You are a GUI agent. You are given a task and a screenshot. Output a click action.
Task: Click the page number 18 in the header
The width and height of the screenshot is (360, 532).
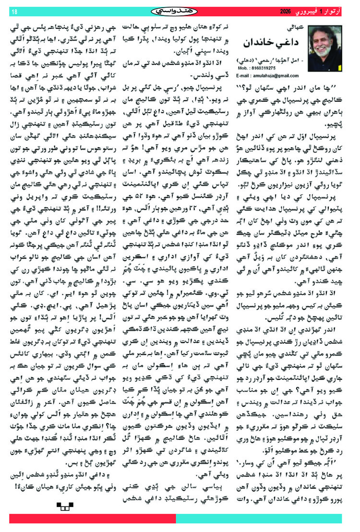[13, 11]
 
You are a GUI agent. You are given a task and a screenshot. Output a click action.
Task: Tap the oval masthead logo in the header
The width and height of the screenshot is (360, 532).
[180, 11]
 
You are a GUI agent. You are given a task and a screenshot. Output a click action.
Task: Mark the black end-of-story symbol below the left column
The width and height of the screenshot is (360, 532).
[64, 504]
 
